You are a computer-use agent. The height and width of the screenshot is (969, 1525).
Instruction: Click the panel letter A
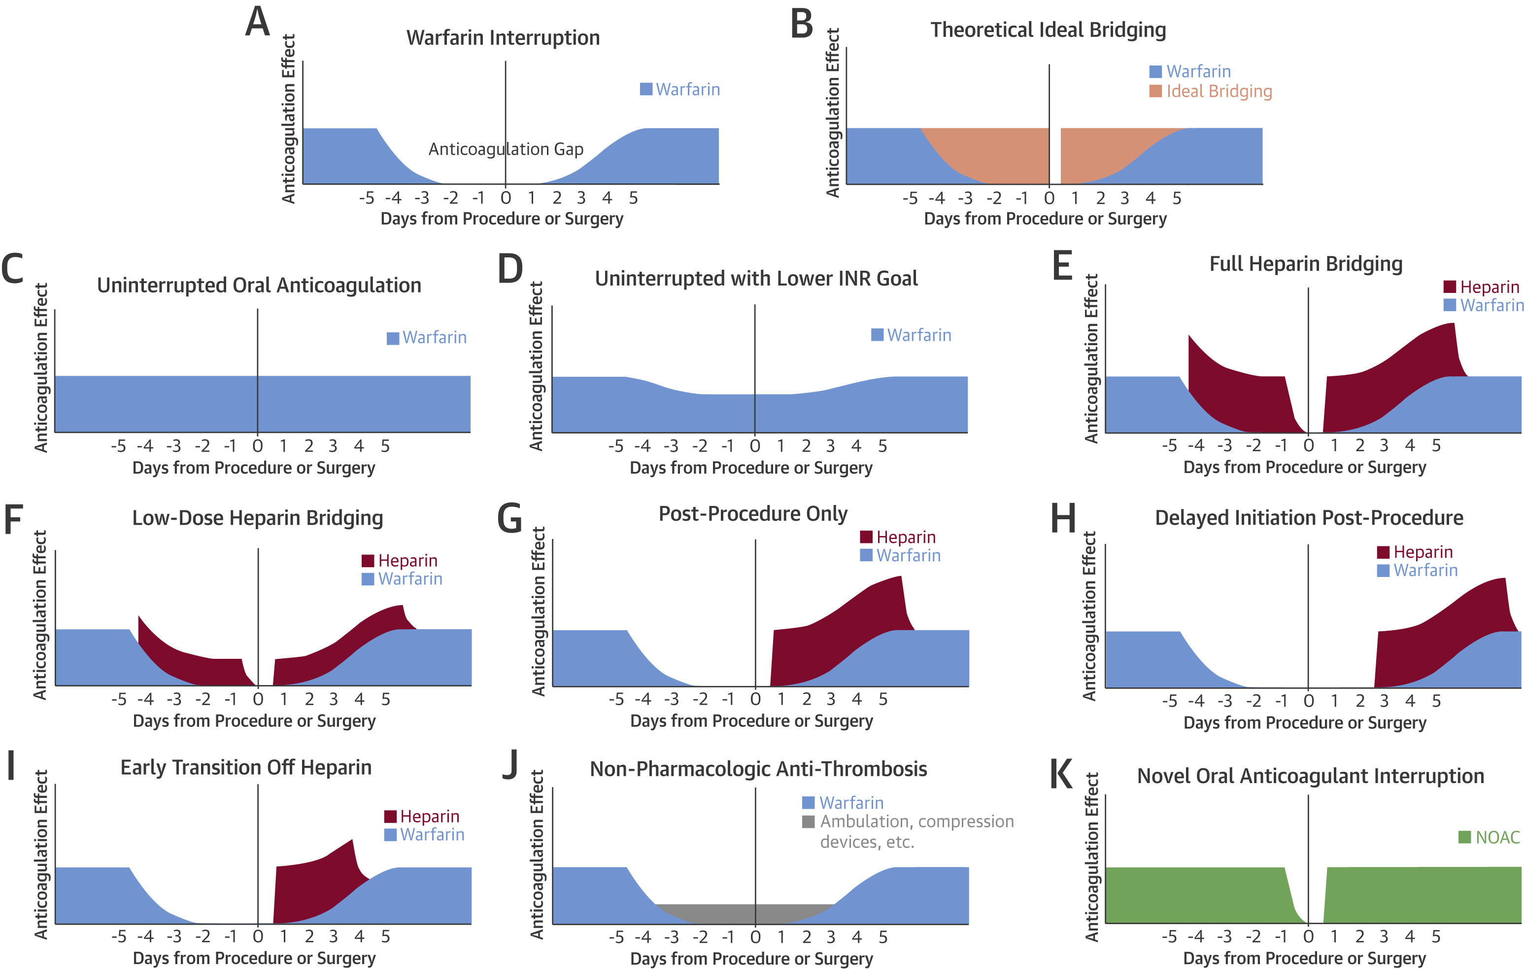[258, 22]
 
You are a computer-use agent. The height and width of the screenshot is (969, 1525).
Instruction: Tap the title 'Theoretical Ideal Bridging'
[1048, 30]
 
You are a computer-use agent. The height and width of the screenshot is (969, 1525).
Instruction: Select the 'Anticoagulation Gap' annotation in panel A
[506, 149]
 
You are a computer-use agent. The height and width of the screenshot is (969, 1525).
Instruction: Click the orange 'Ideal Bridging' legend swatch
[1155, 91]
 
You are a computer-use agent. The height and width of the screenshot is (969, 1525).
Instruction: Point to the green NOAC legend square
[1464, 837]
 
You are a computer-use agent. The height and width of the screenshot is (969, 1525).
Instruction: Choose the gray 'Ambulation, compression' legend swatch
[808, 822]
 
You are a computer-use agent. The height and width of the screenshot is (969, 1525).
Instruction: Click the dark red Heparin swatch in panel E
[1450, 287]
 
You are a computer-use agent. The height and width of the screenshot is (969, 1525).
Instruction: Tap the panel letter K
[1061, 774]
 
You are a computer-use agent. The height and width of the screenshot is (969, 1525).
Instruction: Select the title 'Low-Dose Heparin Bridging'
[257, 518]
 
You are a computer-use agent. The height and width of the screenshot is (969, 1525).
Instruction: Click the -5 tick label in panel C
[118, 446]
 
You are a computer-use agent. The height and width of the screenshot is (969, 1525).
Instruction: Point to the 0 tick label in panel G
[755, 699]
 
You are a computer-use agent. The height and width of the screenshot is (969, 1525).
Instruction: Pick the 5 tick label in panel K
[1436, 936]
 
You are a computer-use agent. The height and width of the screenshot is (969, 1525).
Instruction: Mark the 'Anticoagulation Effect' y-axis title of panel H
[1089, 616]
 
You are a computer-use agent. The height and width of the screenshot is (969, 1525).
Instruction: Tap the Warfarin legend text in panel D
[919, 335]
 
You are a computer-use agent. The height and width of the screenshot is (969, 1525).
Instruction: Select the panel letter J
[510, 765]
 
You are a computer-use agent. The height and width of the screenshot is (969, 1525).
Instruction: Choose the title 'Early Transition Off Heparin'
[246, 767]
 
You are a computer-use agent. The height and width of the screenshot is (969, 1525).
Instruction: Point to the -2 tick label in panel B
[994, 198]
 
